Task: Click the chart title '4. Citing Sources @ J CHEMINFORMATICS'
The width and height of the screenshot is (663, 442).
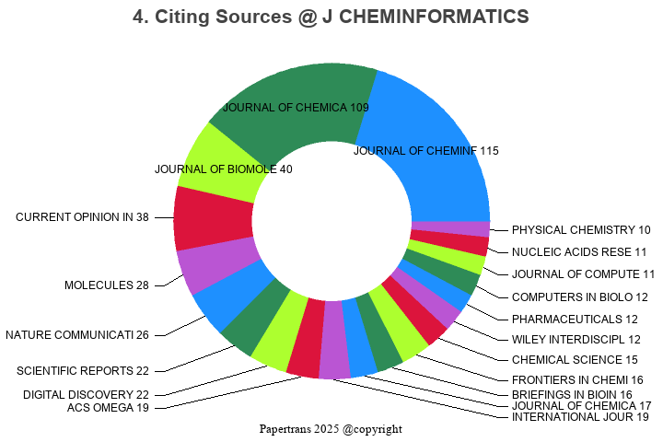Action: [331, 17]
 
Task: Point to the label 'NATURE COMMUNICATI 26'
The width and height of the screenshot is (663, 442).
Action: [77, 334]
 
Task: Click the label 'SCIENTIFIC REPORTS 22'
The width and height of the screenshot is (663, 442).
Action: [83, 371]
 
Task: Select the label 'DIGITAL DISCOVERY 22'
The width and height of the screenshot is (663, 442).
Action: [86, 395]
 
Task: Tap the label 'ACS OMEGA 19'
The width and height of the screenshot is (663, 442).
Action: [108, 408]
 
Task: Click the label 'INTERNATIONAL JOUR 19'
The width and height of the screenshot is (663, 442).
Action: [580, 417]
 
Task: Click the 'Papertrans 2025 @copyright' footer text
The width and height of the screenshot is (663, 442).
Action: [331, 429]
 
